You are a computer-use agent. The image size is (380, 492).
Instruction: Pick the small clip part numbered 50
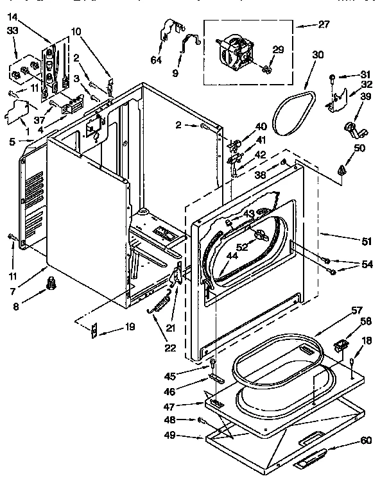[x=341, y=170]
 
